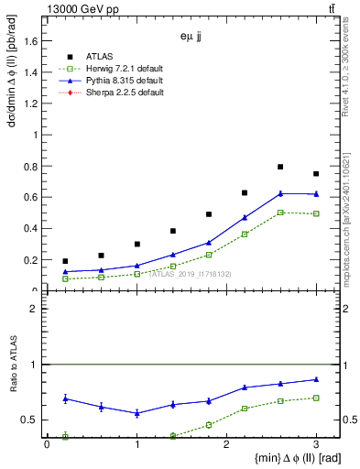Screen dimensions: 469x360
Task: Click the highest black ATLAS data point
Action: click(x=280, y=167)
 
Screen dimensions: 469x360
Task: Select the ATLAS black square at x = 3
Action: click(x=316, y=174)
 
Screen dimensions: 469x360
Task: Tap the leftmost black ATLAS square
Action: click(x=65, y=261)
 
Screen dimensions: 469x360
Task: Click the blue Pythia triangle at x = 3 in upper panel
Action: click(x=316, y=194)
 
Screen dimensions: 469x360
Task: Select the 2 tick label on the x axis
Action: click(x=226, y=444)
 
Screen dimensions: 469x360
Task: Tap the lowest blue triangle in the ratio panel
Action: click(x=136, y=413)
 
